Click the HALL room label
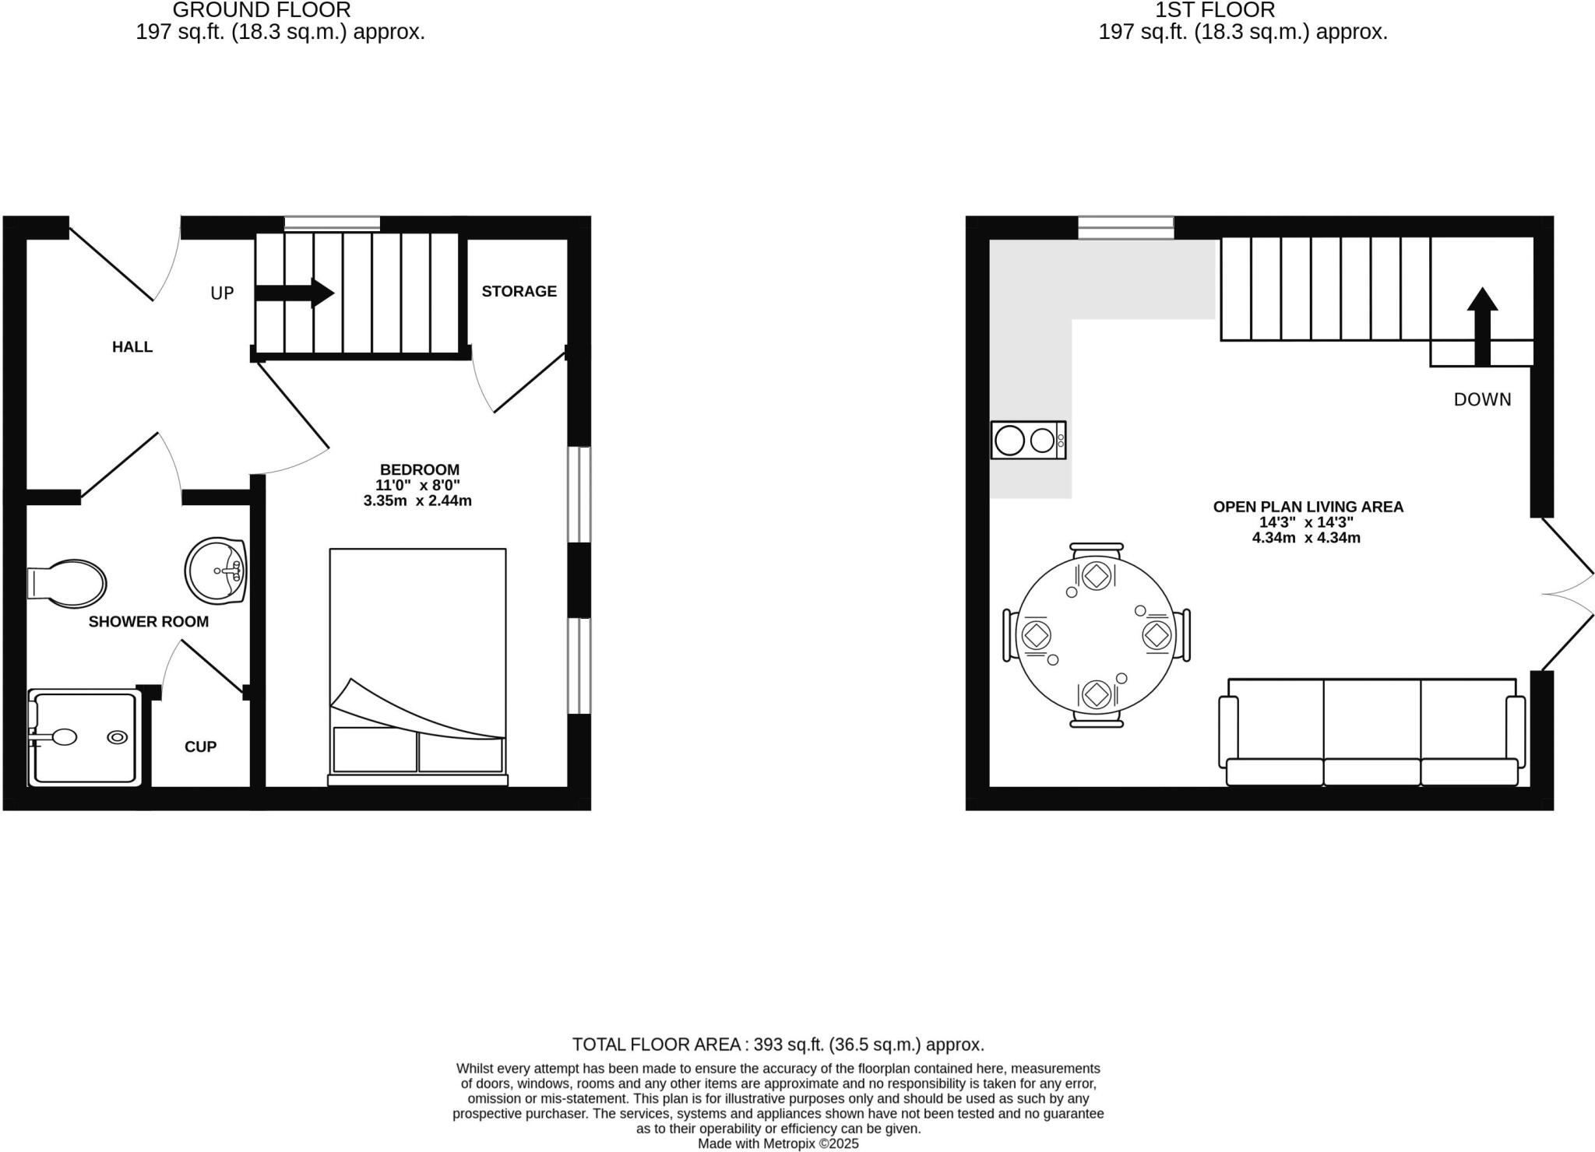coord(132,347)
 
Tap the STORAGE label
coord(519,291)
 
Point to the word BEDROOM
coord(419,469)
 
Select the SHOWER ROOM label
coord(148,621)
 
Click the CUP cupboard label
coord(200,746)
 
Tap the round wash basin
coord(216,571)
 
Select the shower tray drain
coord(118,737)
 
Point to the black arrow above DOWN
coord(1482,325)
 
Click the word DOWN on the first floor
coord(1482,399)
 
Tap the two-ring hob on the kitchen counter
coord(1028,441)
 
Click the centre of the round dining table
coord(1096,635)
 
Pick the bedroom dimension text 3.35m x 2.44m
coord(417,500)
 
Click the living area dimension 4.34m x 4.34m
coord(1306,537)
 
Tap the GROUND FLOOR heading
coord(262,10)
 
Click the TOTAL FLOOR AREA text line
coord(778,1045)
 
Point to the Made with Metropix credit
coord(778,1143)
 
